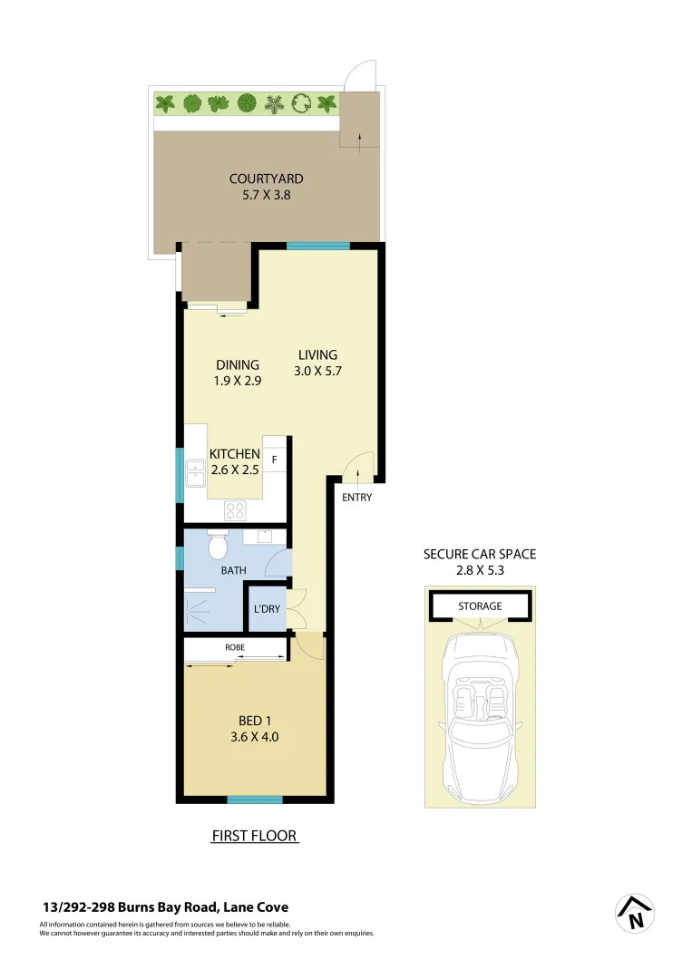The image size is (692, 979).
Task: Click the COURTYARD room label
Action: pyautogui.click(x=266, y=179)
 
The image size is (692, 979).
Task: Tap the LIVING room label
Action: pyautogui.click(x=317, y=354)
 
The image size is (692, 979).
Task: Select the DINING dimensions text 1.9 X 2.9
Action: pyautogui.click(x=238, y=382)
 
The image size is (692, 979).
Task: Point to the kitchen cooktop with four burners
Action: pyautogui.click(x=236, y=509)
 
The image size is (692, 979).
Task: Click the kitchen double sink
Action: pyautogui.click(x=195, y=473)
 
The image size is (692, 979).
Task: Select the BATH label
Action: pyautogui.click(x=233, y=571)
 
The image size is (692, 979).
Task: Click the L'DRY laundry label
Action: pyautogui.click(x=267, y=609)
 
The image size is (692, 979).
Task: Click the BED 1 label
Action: pyautogui.click(x=253, y=722)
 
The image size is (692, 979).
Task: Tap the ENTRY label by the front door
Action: pyautogui.click(x=356, y=498)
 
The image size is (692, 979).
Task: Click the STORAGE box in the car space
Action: pyautogui.click(x=480, y=606)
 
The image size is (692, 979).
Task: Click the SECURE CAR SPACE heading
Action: pyautogui.click(x=480, y=554)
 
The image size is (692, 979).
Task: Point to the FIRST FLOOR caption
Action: pyautogui.click(x=254, y=836)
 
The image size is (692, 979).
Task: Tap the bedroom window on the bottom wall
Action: pyautogui.click(x=254, y=800)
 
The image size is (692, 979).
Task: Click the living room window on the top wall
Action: pyautogui.click(x=318, y=246)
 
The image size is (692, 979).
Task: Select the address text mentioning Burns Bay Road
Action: pyautogui.click(x=165, y=907)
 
